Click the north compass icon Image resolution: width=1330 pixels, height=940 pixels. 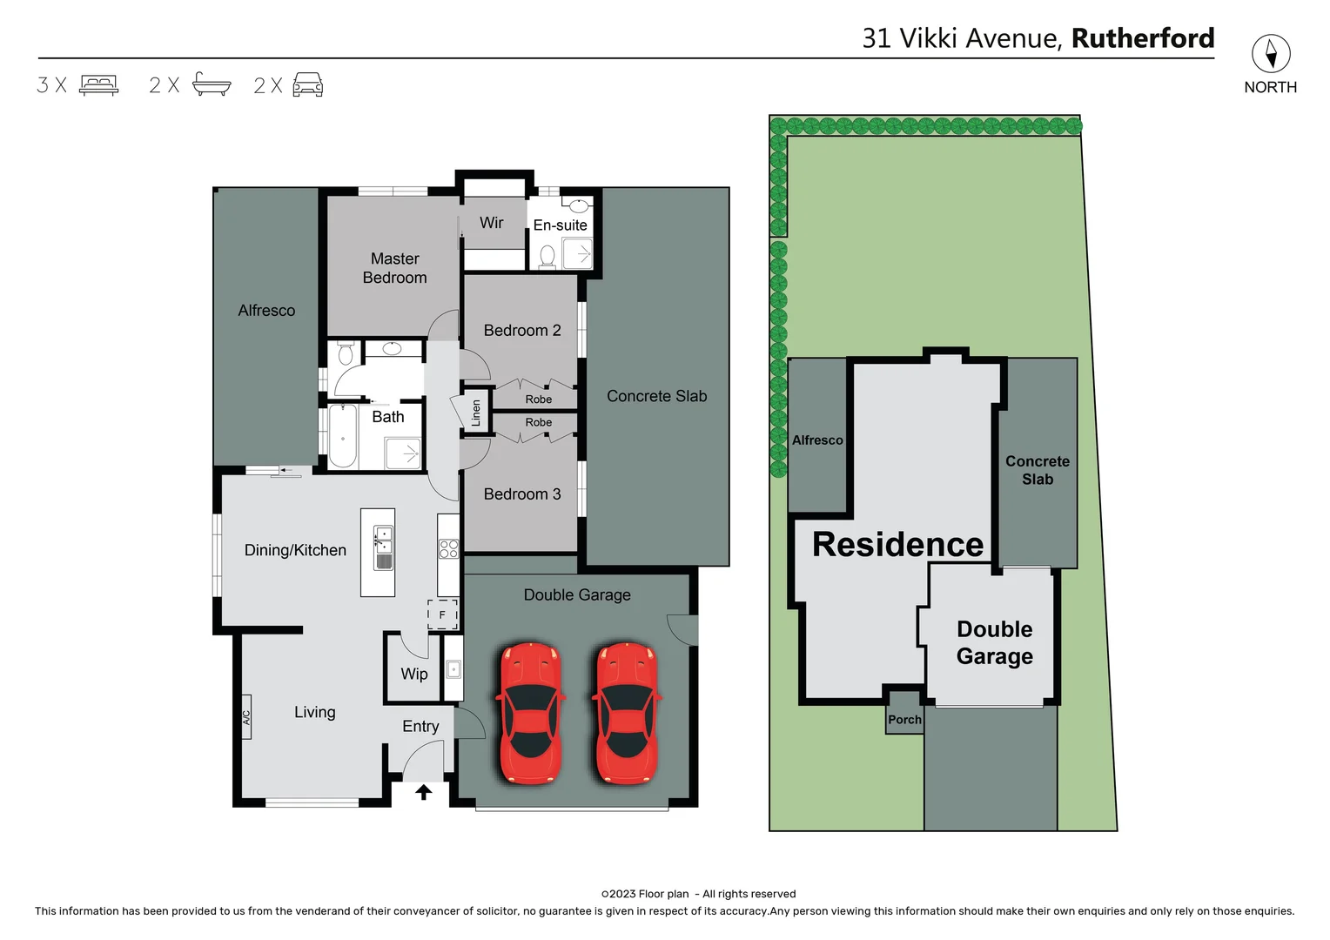point(1270,54)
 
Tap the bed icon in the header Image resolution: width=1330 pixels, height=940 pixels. point(98,84)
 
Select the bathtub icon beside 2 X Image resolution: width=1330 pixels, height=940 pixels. point(212,84)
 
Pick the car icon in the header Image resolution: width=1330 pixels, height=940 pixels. point(308,84)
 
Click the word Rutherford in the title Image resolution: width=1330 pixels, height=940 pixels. point(1142,38)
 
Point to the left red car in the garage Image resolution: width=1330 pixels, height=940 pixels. point(529,714)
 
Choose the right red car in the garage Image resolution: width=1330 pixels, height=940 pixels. point(626,714)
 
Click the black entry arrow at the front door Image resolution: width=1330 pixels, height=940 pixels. point(423,792)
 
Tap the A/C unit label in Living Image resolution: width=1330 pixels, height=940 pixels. point(246,717)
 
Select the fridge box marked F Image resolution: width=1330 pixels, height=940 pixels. point(442,614)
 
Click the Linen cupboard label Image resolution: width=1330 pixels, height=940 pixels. point(476,412)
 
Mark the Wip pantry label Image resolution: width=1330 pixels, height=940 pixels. point(414,674)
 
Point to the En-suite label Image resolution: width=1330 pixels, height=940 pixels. point(560,225)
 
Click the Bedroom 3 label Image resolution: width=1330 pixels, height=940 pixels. point(522,494)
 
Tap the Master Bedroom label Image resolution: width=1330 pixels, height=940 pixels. point(394,268)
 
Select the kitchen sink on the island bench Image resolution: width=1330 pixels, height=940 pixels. point(383,547)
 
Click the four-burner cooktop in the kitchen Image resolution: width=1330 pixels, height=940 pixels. point(448,548)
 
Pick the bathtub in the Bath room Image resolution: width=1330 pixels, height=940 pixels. point(343,436)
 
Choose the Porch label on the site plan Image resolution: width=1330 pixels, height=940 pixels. point(904,720)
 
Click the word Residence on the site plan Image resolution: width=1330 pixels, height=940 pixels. point(897,545)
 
